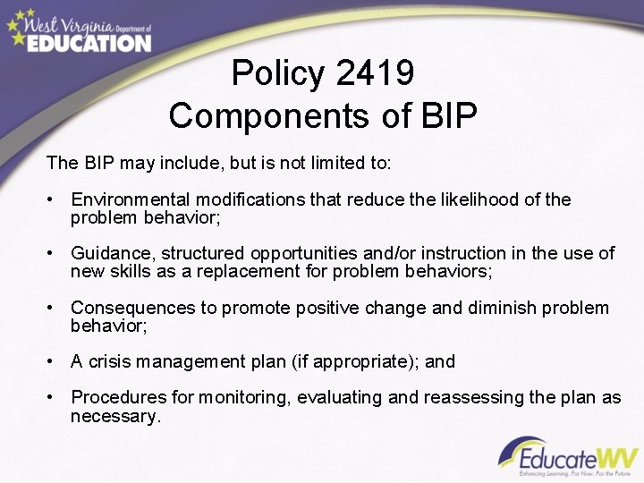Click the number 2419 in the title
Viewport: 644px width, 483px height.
pos(376,73)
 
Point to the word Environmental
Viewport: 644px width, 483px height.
pos(131,199)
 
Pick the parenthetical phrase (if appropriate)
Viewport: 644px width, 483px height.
pos(358,361)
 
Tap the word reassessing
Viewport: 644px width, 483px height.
pos(484,397)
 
